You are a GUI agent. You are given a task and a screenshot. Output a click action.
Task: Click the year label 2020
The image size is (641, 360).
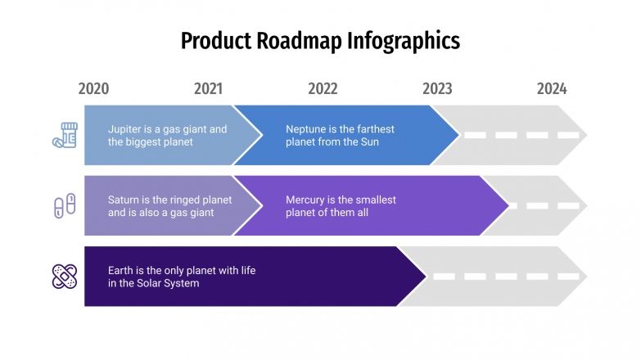[93, 89]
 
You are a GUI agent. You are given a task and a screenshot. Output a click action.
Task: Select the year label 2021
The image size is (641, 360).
[208, 89]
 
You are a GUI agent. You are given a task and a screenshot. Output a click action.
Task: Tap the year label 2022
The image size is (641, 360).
[323, 89]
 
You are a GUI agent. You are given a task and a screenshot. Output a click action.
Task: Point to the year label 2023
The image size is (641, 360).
[437, 89]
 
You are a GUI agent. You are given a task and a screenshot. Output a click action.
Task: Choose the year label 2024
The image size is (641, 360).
[552, 89]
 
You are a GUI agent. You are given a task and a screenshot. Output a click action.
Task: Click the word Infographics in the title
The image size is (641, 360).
[404, 41]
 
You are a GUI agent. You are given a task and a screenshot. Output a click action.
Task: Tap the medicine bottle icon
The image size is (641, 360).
[64, 135]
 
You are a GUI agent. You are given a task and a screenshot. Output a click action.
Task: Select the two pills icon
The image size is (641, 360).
[64, 205]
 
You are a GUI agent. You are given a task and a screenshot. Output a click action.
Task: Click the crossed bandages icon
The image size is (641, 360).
[64, 277]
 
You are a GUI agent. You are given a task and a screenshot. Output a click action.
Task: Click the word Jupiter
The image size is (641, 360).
[124, 129]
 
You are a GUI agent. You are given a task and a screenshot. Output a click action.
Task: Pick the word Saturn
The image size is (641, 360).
[124, 200]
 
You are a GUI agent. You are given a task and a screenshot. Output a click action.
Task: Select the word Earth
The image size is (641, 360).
[121, 270]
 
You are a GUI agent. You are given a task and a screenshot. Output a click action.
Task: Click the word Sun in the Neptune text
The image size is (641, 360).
[369, 142]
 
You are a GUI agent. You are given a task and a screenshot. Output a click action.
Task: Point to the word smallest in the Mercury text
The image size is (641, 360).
[375, 200]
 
